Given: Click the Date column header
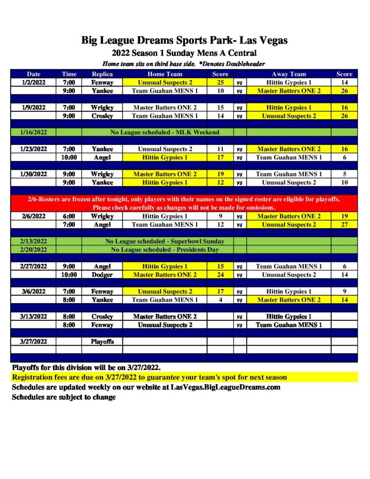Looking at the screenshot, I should (34, 74).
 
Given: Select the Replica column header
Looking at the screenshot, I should (102, 74).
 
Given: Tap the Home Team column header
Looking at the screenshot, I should (165, 74).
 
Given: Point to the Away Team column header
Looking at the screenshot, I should (289, 74).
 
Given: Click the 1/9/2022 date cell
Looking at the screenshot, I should (34, 108).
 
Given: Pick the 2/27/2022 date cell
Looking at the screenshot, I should (34, 267).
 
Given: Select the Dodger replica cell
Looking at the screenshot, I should (102, 275).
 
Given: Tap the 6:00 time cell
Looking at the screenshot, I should (69, 217).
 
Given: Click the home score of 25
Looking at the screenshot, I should (221, 82).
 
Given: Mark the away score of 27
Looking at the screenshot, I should (344, 225).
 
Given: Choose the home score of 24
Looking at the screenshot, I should (221, 275).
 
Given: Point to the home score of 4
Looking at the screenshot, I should (221, 300).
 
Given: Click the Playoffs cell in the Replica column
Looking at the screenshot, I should (102, 341).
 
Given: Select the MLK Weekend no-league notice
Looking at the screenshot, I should (164, 132).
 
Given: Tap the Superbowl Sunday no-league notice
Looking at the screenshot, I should (164, 241).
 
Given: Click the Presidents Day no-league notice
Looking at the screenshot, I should (164, 250).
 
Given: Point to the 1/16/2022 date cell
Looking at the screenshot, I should (34, 132).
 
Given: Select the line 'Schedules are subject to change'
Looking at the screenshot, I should (64, 397).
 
